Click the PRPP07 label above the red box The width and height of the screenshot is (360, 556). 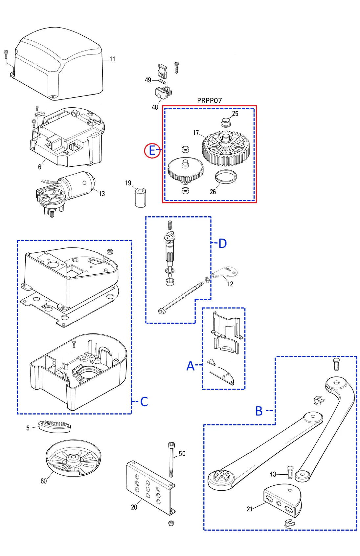pos(209,100)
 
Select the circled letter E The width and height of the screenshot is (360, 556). pos(152,151)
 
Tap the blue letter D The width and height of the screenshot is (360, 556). pos(222,244)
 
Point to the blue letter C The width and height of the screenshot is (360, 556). pos(144,401)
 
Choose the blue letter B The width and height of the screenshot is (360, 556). pos(259,411)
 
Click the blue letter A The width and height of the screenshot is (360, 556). pos(191,366)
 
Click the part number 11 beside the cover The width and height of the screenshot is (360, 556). pos(112,59)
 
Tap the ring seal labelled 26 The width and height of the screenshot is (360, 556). pos(226,177)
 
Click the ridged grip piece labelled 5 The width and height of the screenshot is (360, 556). pos(55,426)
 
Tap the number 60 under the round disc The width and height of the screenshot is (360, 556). pos(44,481)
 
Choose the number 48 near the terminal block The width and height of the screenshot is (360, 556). pos(155,107)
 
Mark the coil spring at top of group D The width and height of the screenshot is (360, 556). pos(170,225)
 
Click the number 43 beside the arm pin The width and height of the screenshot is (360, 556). pos(273,474)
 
